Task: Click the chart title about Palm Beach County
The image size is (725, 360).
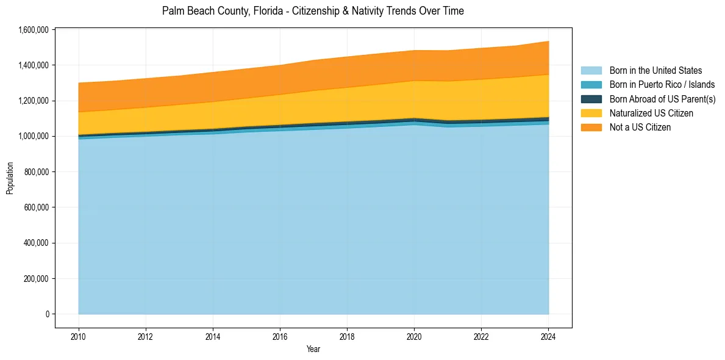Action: tap(313, 11)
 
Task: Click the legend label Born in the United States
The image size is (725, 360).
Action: tap(655, 71)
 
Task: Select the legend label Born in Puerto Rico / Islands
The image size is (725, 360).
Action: tap(662, 85)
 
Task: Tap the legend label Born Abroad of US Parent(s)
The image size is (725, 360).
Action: tap(662, 99)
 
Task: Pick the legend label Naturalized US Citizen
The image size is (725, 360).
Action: tap(651, 113)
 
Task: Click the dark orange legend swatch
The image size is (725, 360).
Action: tap(591, 127)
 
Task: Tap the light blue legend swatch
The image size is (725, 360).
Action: tap(591, 71)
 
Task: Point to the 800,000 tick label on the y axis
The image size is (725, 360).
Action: tap(35, 172)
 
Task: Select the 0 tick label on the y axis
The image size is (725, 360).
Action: tap(47, 314)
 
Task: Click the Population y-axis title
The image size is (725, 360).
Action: tap(10, 178)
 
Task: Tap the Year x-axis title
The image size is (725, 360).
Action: tap(313, 350)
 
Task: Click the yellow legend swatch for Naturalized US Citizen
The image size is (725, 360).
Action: tap(591, 113)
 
